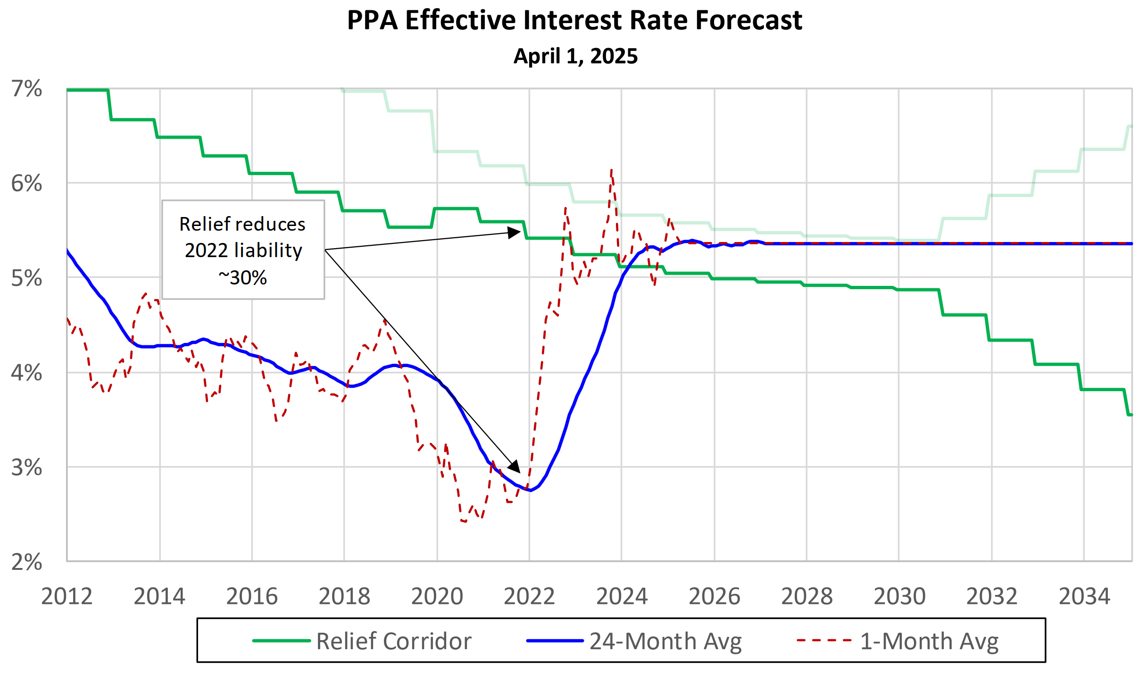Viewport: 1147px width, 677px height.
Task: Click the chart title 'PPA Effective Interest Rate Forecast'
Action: tap(574, 21)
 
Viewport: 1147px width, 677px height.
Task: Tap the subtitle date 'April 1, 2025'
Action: tap(575, 56)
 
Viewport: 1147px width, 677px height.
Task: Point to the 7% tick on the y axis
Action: tap(27, 89)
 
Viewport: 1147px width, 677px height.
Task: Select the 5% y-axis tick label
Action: tap(27, 278)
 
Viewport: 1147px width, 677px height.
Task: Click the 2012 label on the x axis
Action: tap(66, 596)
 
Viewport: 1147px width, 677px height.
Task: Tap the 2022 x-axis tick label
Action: tap(529, 596)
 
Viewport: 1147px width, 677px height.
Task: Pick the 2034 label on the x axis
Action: tap(1084, 596)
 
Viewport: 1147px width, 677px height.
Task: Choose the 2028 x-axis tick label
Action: tap(806, 596)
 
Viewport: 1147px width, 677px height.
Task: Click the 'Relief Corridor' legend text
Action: tap(394, 641)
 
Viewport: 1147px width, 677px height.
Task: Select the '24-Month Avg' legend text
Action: tap(665, 641)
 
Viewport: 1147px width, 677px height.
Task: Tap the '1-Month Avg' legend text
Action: tap(929, 641)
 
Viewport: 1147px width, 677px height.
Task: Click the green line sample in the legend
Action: tap(282, 641)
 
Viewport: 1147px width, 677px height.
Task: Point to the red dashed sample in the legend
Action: tap(824, 641)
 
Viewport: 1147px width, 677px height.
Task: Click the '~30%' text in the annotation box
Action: tap(243, 277)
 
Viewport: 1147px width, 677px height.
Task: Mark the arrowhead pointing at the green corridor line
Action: tap(515, 233)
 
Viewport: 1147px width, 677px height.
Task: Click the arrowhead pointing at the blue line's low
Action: tap(515, 467)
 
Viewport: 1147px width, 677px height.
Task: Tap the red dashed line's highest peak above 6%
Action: tap(611, 170)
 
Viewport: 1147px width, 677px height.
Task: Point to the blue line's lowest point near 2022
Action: tap(531, 491)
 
